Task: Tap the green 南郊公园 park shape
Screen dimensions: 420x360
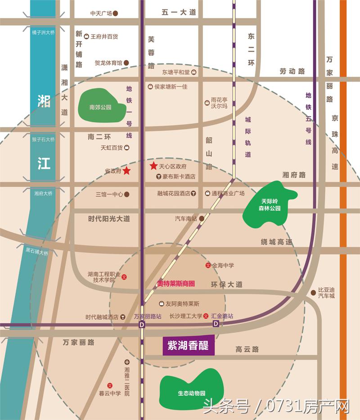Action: click(x=100, y=107)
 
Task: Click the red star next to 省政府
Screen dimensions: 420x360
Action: click(x=127, y=171)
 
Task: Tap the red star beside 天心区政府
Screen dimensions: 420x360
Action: click(x=153, y=166)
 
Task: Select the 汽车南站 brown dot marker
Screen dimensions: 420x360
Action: click(x=202, y=219)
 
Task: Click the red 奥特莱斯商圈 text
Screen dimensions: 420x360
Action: click(x=175, y=284)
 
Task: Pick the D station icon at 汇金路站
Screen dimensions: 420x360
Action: click(x=216, y=324)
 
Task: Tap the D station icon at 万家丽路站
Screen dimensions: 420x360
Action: click(x=142, y=324)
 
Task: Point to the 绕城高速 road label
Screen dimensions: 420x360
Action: click(x=276, y=242)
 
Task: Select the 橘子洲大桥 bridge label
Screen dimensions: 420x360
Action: click(x=43, y=32)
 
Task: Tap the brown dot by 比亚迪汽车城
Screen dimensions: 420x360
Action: click(x=313, y=293)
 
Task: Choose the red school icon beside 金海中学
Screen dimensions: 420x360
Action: click(x=208, y=266)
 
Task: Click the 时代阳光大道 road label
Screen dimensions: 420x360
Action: click(x=109, y=219)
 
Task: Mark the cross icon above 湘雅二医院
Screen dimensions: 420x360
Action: click(x=127, y=362)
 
